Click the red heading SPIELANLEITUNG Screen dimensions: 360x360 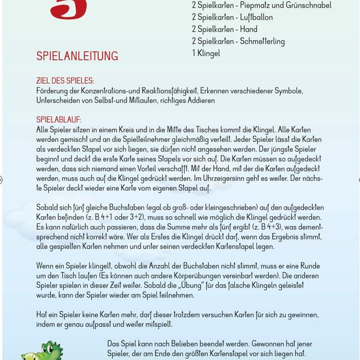click(77, 56)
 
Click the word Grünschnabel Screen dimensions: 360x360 click(307, 5)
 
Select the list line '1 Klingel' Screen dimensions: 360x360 click(206, 53)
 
